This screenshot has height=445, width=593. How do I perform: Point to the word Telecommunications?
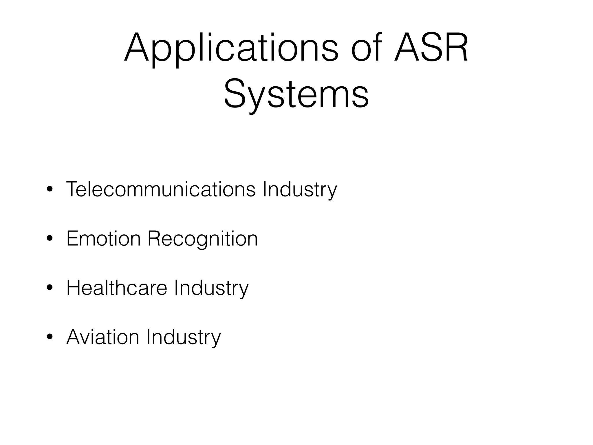tap(161, 189)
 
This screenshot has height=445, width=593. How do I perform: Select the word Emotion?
tap(103, 238)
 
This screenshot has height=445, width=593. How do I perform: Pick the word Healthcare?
tap(117, 288)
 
